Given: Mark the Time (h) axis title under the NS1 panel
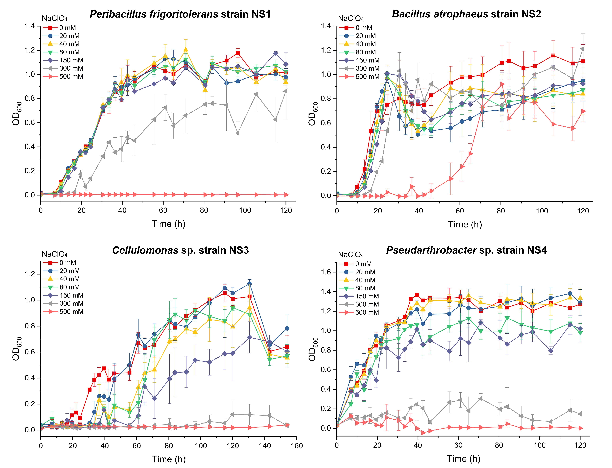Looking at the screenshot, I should pos(168,224).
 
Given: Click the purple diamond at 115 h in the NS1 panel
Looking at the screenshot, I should pos(276,53).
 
